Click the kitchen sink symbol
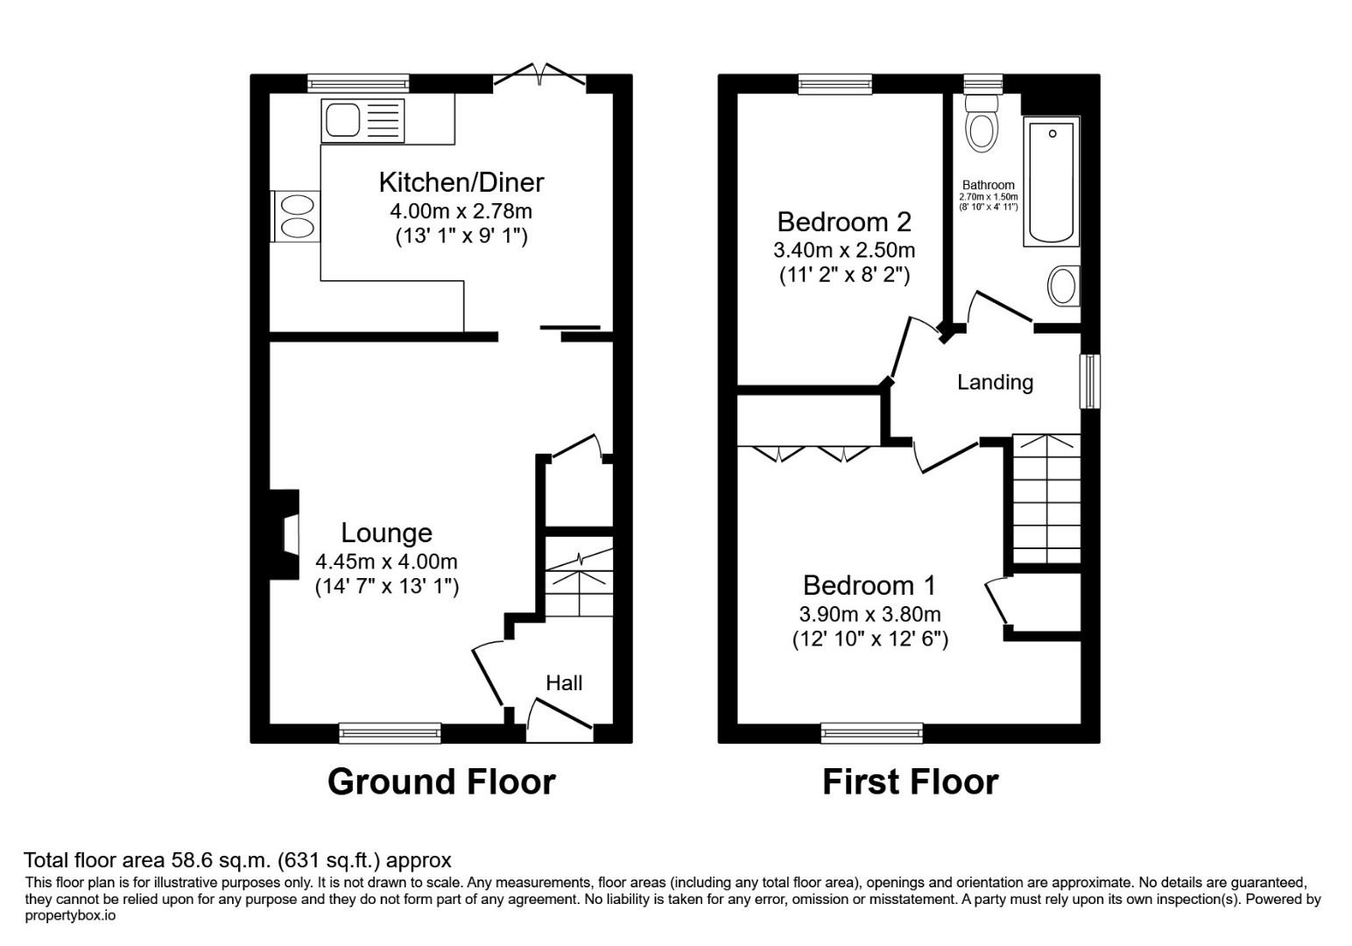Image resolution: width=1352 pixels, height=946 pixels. (x=363, y=120)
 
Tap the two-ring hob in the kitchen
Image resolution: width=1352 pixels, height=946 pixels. (x=296, y=216)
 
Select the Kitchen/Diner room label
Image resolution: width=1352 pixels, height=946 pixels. (x=461, y=182)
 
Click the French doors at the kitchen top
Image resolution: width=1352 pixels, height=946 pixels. (x=540, y=77)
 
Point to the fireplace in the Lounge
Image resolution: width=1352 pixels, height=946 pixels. (x=286, y=534)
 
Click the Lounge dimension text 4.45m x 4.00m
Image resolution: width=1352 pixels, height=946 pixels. (x=386, y=561)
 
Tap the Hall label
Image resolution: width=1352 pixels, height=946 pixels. (x=564, y=683)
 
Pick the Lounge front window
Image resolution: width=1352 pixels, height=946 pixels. (x=390, y=732)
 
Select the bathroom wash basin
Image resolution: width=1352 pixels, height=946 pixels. (x=1063, y=286)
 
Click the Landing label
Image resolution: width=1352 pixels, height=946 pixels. (x=995, y=383)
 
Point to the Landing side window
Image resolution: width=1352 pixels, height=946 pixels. (x=1089, y=381)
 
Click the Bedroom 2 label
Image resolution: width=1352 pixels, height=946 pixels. (x=843, y=221)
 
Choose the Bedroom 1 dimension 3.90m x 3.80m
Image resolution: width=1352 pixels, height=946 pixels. (x=870, y=614)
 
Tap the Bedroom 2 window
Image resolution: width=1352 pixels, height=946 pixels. (x=835, y=83)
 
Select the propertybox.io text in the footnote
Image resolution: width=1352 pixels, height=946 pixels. (x=70, y=916)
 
